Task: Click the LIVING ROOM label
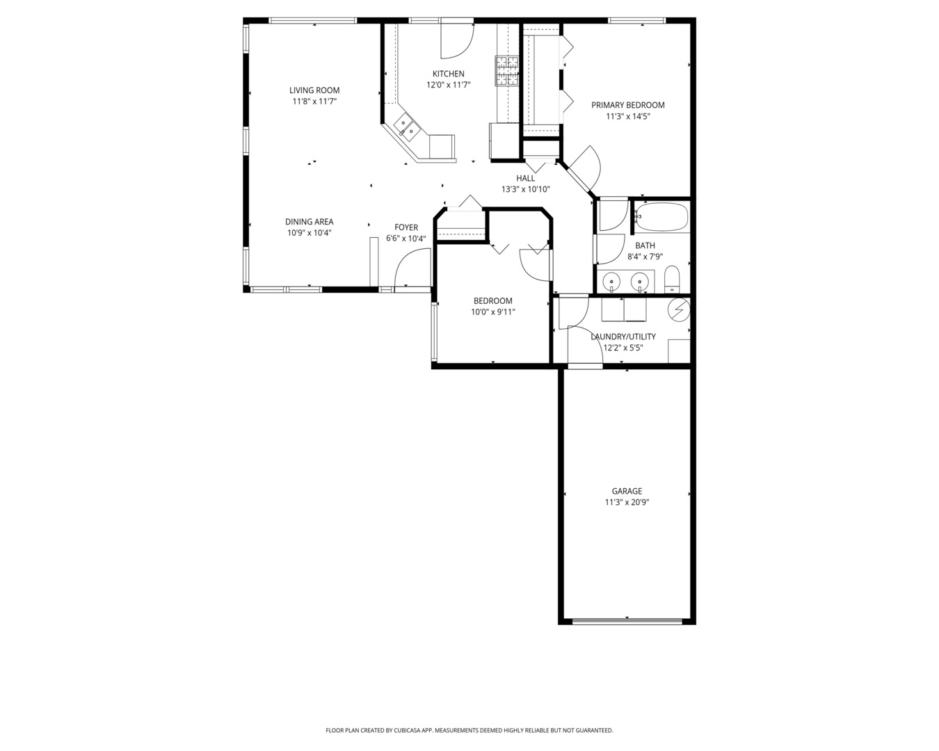tap(314, 90)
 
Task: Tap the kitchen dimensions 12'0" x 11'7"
tap(448, 85)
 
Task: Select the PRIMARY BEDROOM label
tap(628, 105)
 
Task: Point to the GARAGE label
tap(627, 491)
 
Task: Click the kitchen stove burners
tap(506, 71)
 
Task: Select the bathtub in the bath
tap(661, 217)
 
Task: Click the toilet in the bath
tap(672, 280)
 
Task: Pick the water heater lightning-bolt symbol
tap(679, 309)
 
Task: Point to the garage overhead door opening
tap(627, 620)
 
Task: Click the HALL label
tap(525, 178)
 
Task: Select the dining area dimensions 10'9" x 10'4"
tap(309, 232)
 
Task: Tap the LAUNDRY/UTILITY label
tap(623, 337)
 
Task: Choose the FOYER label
tap(406, 227)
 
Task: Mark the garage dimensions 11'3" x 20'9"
tap(627, 502)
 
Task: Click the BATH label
tap(645, 245)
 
